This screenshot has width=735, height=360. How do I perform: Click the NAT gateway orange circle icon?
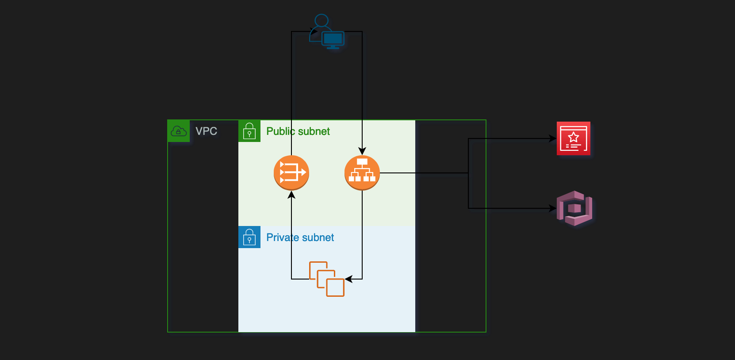click(x=291, y=173)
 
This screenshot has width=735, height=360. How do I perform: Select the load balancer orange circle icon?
click(x=362, y=173)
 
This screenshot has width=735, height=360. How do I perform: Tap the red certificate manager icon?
click(x=574, y=138)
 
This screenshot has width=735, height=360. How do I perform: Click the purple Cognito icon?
click(x=574, y=208)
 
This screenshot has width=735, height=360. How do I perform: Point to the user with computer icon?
click(x=327, y=31)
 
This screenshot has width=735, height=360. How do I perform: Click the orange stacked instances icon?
click(x=327, y=279)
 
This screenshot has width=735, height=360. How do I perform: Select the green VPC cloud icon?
click(x=179, y=131)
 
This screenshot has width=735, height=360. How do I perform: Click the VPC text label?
click(x=206, y=131)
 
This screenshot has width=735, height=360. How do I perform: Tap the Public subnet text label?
click(x=298, y=131)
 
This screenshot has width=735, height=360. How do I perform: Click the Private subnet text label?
click(x=300, y=237)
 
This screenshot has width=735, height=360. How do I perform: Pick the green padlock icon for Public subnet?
click(x=249, y=131)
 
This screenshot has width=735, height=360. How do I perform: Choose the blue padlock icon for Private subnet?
click(x=249, y=237)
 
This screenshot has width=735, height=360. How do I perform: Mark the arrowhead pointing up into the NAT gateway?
click(x=291, y=194)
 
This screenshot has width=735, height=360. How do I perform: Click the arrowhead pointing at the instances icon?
click(x=348, y=279)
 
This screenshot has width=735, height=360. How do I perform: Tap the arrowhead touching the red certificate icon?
click(x=553, y=138)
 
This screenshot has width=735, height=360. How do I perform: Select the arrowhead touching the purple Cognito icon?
click(x=553, y=208)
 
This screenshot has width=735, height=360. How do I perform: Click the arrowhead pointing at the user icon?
click(x=314, y=31)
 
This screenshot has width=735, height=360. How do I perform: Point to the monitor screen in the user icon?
click(x=333, y=39)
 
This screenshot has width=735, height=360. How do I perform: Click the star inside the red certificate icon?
click(x=574, y=137)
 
